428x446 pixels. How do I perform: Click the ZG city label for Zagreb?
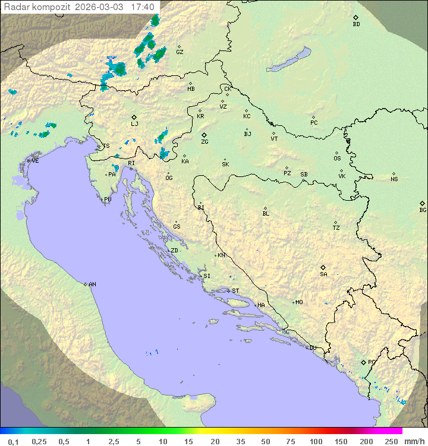coord(204,142)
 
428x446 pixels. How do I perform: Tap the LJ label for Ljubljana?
coord(134,124)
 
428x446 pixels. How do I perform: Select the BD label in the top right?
coord(356,24)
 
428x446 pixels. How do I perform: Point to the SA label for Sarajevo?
coord(323,274)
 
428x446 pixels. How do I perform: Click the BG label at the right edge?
coord(423,210)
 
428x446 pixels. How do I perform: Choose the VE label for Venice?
coord(35,161)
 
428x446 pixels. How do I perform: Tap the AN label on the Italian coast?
coord(92,284)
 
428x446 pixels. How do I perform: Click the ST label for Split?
coord(235,291)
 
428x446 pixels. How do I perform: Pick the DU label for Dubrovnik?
coord(312,348)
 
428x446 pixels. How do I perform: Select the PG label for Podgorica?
coord(372,362)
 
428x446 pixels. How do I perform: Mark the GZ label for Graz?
coord(180,52)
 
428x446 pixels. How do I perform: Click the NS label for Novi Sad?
coord(394,179)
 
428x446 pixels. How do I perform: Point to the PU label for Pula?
coord(108,200)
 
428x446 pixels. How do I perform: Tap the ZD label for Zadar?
coord(174,251)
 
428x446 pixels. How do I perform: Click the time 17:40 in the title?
coord(143,7)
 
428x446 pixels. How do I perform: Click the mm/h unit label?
coord(413,441)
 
